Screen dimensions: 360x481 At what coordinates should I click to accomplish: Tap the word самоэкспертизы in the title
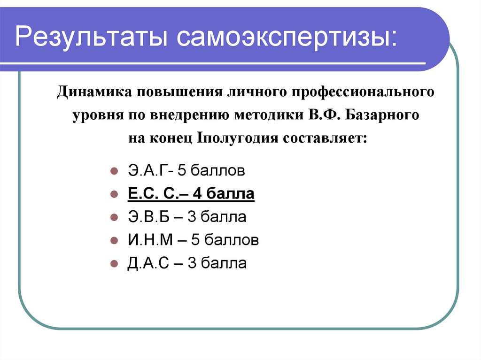[286, 38]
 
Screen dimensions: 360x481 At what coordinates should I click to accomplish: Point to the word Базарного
[382, 115]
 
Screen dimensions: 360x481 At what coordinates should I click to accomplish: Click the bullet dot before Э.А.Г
[113, 171]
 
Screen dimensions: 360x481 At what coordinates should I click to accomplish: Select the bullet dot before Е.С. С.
[113, 194]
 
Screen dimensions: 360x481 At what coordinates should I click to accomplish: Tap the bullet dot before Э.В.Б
[113, 217]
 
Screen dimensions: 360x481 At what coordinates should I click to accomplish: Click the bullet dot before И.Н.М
[113, 241]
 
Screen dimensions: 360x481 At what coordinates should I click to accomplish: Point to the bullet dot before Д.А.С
[113, 264]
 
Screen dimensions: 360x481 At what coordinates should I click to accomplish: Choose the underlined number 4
[214, 193]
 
